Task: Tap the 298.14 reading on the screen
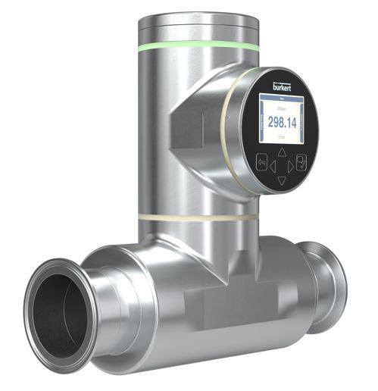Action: click(x=282, y=125)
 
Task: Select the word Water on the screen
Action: click(x=282, y=108)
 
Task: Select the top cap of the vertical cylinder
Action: click(x=198, y=23)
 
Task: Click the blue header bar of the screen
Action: click(x=282, y=97)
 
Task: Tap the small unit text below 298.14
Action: click(x=282, y=139)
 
